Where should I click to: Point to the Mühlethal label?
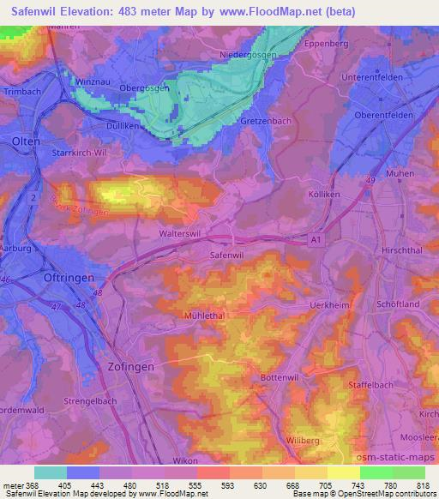point(204,316)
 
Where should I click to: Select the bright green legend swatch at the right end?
point(408,472)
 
